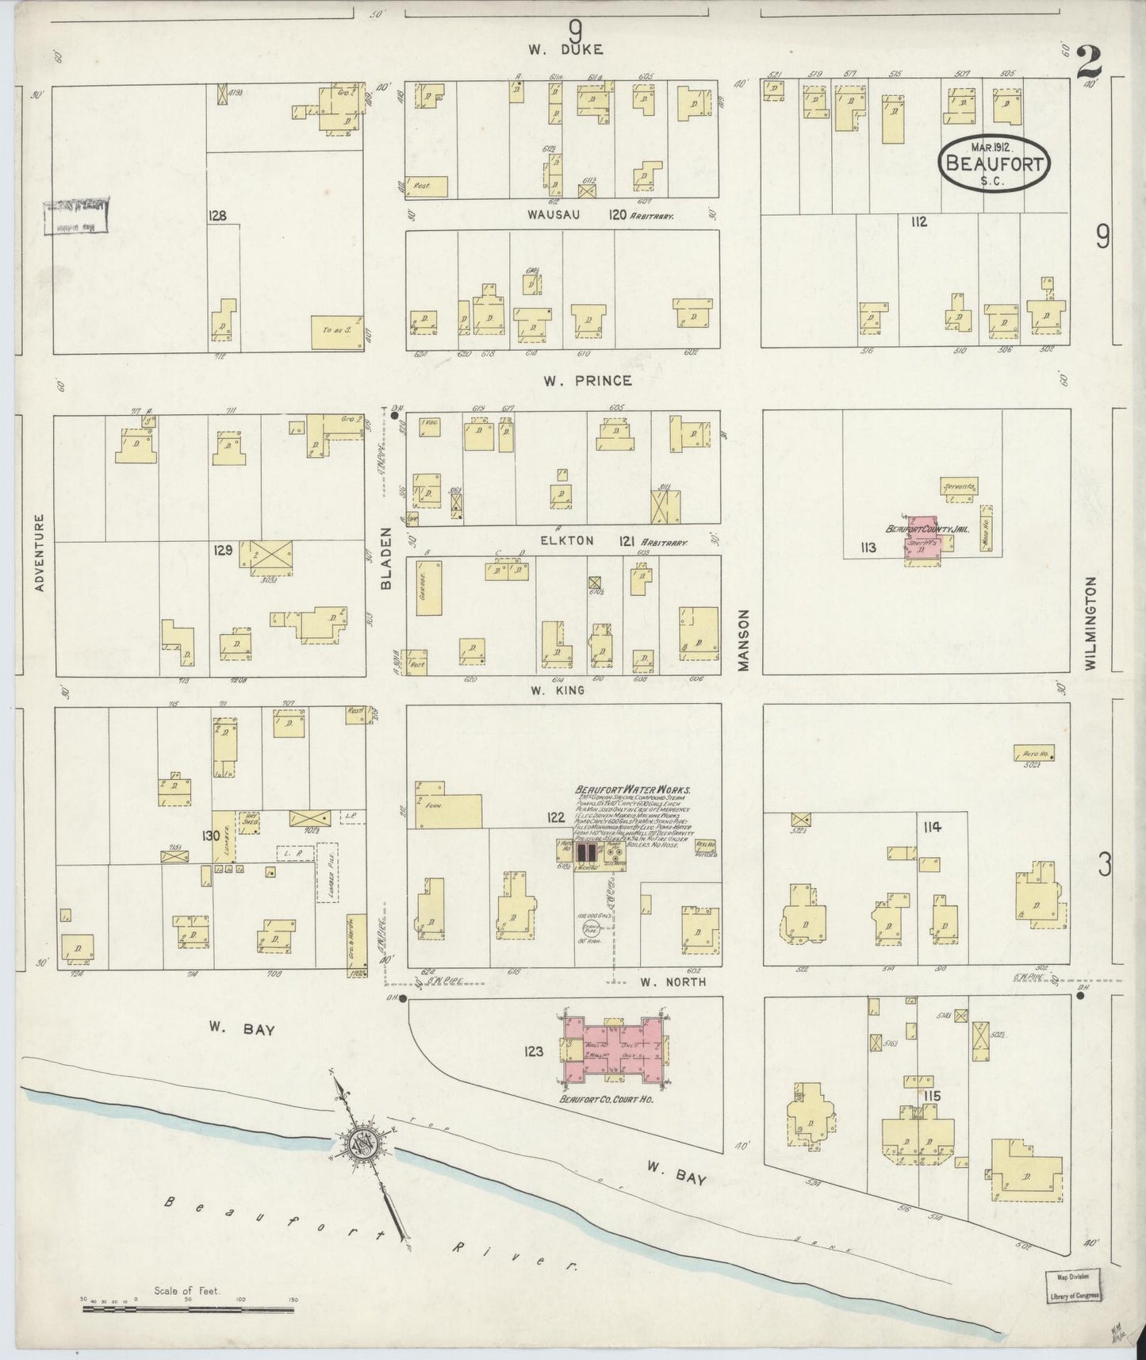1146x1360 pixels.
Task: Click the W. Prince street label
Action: pyautogui.click(x=587, y=381)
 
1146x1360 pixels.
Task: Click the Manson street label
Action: pyautogui.click(x=743, y=640)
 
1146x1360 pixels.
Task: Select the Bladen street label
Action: pyautogui.click(x=387, y=559)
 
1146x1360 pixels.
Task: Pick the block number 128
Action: pyautogui.click(x=217, y=216)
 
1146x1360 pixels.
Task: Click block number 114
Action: pyautogui.click(x=931, y=827)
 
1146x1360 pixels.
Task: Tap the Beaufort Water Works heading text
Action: pyautogui.click(x=632, y=790)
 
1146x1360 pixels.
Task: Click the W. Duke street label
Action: pyautogui.click(x=566, y=49)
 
